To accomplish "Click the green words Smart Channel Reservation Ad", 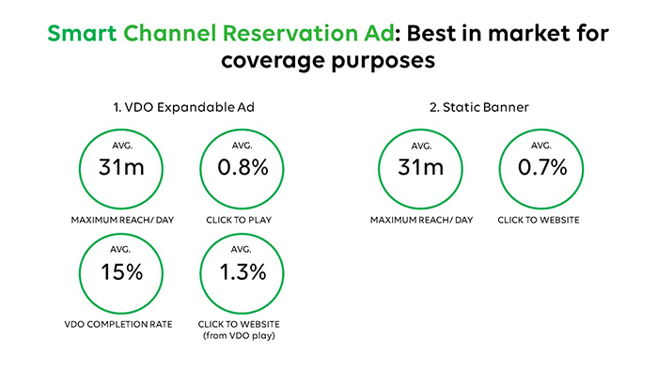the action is (221, 33).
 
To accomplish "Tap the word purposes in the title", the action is (384, 62).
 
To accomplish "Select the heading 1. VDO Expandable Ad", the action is (184, 107).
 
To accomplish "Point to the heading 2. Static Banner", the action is (478, 107).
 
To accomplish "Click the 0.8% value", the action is (243, 167).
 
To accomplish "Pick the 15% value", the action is (121, 272).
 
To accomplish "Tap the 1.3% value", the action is (243, 272).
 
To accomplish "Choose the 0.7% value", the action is (542, 167).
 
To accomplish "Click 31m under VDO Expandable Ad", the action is (121, 167).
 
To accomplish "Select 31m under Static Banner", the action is (421, 167).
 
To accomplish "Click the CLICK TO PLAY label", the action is (239, 220).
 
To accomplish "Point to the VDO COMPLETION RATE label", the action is (118, 324).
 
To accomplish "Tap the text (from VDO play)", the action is (239, 335).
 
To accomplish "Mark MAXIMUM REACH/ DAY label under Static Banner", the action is (421, 220).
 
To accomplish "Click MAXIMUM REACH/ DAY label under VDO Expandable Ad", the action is (122, 220).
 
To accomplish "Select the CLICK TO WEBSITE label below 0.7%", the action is (539, 220).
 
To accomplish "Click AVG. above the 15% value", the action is (120, 249).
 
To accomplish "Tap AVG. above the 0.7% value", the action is (541, 146).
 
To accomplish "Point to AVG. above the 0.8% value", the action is (243, 146).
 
